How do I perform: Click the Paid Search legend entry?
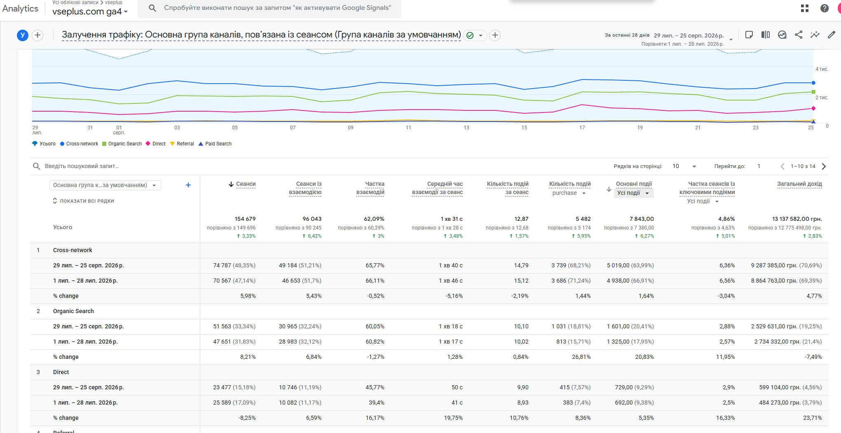point(215,144)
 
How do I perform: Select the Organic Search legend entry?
point(122,144)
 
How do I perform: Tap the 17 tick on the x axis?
point(582,128)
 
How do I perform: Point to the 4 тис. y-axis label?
point(822,69)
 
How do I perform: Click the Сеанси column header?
point(246,184)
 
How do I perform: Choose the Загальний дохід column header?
point(799,184)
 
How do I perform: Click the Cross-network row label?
point(73,250)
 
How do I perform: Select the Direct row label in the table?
point(61,372)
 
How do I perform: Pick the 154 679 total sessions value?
point(245,219)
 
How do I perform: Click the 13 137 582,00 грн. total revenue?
point(797,219)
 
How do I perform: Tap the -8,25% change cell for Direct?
point(247,418)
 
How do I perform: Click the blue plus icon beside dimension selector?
point(188,185)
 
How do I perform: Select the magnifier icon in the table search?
point(37,166)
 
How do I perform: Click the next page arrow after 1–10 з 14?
point(824,166)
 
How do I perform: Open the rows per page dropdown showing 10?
point(684,166)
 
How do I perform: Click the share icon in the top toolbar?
point(799,35)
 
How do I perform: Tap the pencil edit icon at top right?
point(832,35)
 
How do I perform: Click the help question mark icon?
point(825,8)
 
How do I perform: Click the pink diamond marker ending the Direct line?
point(813,108)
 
